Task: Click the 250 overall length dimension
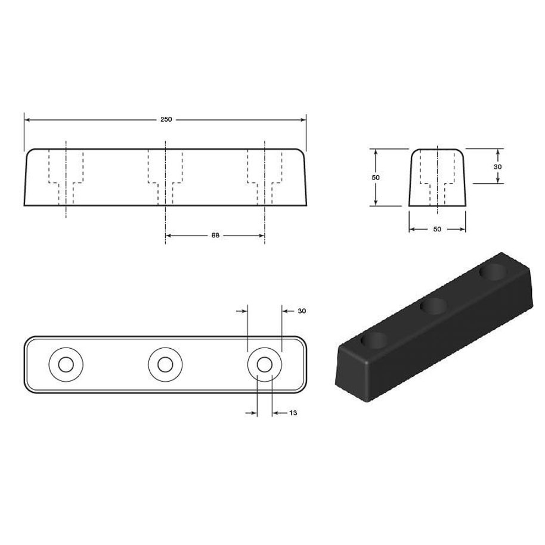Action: (x=166, y=119)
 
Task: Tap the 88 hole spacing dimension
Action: (x=215, y=236)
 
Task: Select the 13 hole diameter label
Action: (x=293, y=413)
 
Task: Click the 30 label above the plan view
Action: (x=302, y=311)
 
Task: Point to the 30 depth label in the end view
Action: (x=498, y=167)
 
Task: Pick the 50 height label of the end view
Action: (x=376, y=177)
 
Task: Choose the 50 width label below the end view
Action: (x=437, y=229)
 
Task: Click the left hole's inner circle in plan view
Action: (x=66, y=364)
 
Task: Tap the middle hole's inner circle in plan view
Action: (x=165, y=364)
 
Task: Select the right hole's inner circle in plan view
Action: (x=265, y=364)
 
